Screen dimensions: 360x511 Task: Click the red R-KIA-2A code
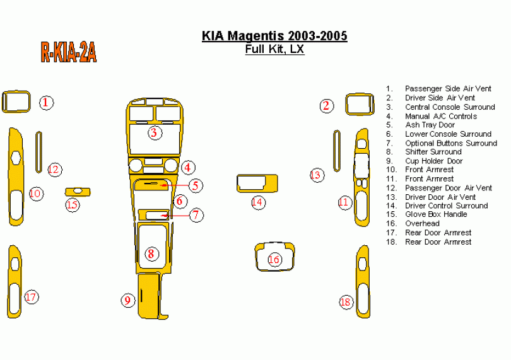(x=68, y=52)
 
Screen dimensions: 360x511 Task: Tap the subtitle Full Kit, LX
(x=274, y=49)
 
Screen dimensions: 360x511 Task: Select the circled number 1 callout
(x=46, y=102)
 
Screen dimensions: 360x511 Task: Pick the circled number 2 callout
(x=326, y=105)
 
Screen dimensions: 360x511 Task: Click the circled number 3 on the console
(x=153, y=132)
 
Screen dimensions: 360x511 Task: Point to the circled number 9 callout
(x=128, y=300)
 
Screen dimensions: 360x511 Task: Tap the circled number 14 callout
(x=257, y=202)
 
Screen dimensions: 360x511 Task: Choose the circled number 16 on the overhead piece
(x=274, y=259)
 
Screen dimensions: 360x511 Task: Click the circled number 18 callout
(x=346, y=302)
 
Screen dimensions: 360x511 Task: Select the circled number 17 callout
(x=31, y=297)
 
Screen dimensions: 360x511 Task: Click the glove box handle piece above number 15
(x=78, y=191)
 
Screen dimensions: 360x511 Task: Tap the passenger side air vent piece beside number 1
(x=16, y=102)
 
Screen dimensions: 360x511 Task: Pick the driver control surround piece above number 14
(x=257, y=183)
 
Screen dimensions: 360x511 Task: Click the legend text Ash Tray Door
(x=430, y=125)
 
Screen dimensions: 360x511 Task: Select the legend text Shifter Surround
(x=433, y=152)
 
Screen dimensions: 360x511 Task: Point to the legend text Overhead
(x=422, y=223)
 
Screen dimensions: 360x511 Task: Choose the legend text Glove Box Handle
(x=436, y=214)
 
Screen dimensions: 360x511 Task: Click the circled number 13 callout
(x=316, y=175)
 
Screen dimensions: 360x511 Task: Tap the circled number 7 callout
(x=197, y=215)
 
